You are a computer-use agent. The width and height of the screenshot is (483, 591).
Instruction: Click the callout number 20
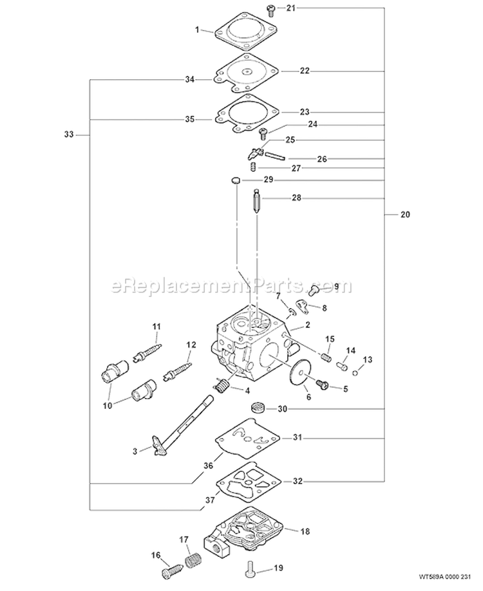coord(404,215)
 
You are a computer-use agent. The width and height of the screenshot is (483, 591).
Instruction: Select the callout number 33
coord(69,134)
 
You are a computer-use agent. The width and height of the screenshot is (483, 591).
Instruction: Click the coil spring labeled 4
coord(222,388)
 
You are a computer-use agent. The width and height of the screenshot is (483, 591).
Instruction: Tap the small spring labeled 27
coord(254,168)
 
